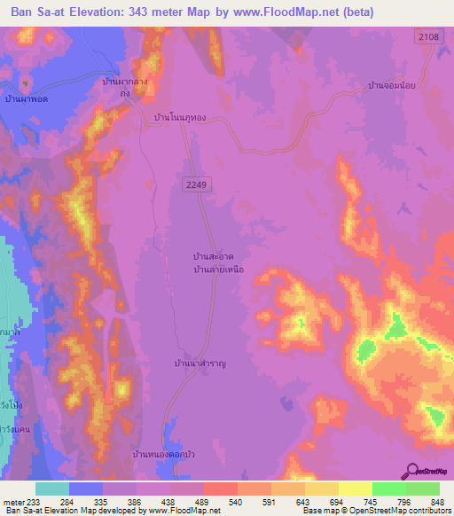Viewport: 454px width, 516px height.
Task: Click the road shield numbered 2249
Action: click(198, 184)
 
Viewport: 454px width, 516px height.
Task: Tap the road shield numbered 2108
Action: click(427, 35)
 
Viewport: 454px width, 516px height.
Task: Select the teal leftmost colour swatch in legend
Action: click(52, 489)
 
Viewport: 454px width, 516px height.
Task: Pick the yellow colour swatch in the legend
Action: click(355, 489)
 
